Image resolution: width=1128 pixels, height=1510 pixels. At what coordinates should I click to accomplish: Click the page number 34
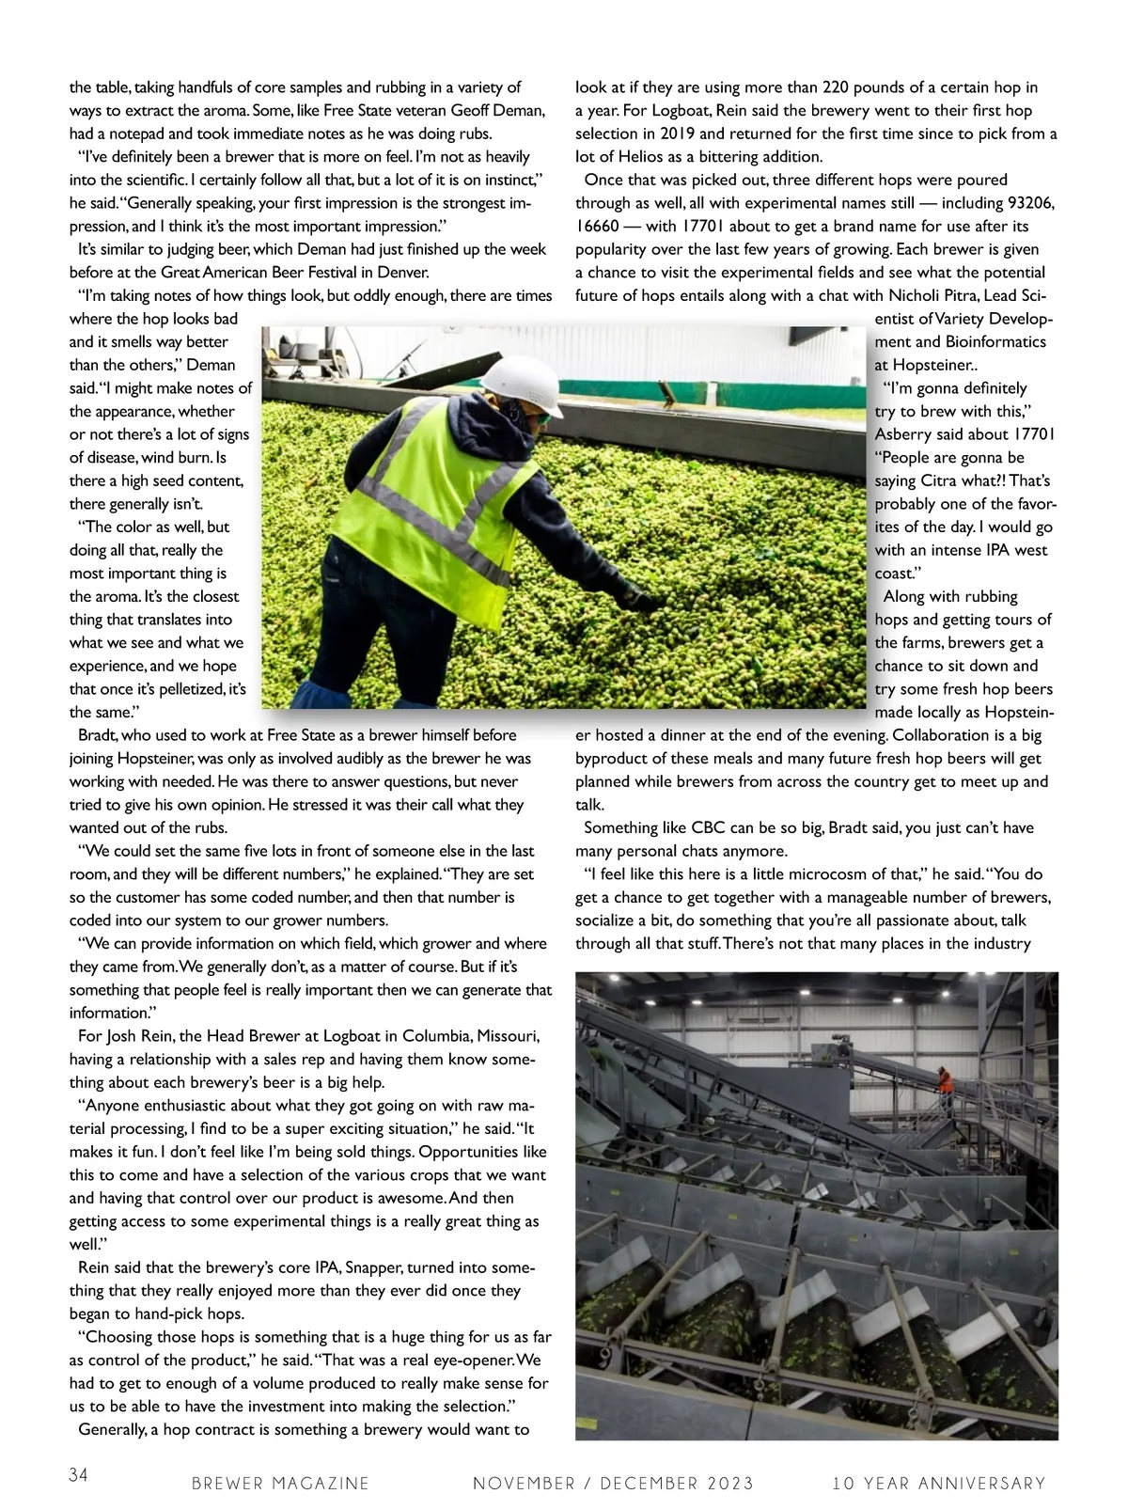click(78, 1475)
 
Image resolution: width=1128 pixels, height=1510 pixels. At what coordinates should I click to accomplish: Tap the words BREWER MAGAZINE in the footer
click(280, 1484)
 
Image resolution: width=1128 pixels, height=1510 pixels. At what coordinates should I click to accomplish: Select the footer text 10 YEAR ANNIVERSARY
click(938, 1484)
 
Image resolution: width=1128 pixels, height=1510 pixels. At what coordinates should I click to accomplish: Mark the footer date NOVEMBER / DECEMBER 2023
click(613, 1484)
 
